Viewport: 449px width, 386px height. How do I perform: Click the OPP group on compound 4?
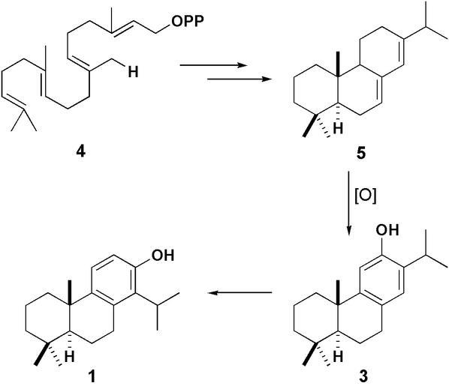(x=188, y=21)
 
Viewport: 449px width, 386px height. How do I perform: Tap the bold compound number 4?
(x=81, y=152)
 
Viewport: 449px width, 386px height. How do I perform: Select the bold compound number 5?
(x=360, y=154)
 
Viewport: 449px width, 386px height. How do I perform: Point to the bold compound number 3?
(x=363, y=376)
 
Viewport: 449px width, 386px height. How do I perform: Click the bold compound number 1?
(x=92, y=377)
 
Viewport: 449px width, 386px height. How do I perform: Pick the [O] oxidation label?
(x=366, y=196)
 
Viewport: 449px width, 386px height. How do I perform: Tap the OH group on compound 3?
(x=387, y=230)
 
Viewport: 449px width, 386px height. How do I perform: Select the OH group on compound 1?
(x=162, y=255)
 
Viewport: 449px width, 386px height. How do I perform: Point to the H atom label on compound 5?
(x=338, y=128)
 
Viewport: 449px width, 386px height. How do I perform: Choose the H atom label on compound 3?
(x=338, y=356)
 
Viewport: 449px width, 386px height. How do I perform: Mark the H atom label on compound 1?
(x=69, y=356)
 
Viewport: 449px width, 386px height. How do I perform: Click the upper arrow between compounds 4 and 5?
(x=213, y=65)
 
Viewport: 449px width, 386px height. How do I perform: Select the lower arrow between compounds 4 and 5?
(x=239, y=79)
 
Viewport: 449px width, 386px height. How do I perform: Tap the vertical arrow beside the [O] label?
(x=349, y=203)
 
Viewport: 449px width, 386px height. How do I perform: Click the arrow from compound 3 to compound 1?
(x=240, y=292)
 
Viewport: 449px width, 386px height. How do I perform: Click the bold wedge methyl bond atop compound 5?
(x=339, y=64)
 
